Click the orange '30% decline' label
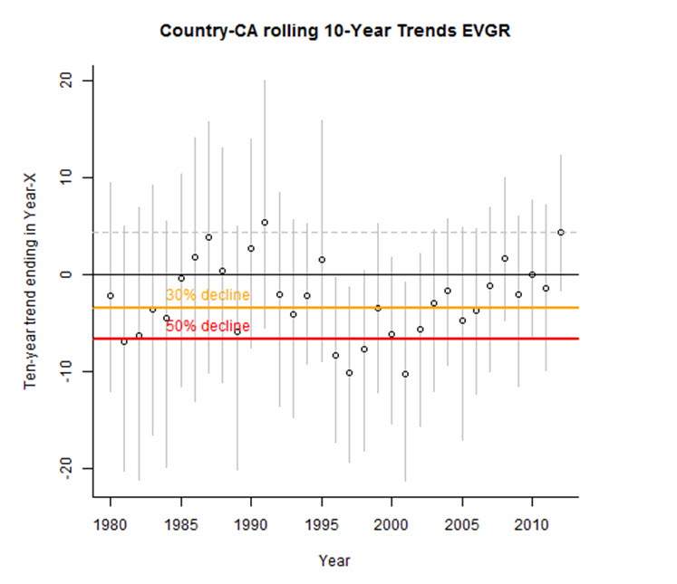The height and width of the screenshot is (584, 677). tap(208, 295)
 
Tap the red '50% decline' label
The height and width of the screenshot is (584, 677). tap(208, 326)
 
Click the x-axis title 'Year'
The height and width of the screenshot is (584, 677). tap(334, 560)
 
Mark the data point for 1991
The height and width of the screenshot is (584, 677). tap(265, 223)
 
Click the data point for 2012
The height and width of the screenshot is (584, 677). tap(561, 233)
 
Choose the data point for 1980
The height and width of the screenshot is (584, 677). tap(111, 296)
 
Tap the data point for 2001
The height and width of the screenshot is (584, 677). tap(405, 374)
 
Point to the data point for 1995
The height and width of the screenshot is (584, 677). tap(321, 260)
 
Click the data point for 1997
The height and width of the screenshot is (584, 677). tap(349, 373)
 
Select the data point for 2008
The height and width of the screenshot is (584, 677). tap(505, 259)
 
